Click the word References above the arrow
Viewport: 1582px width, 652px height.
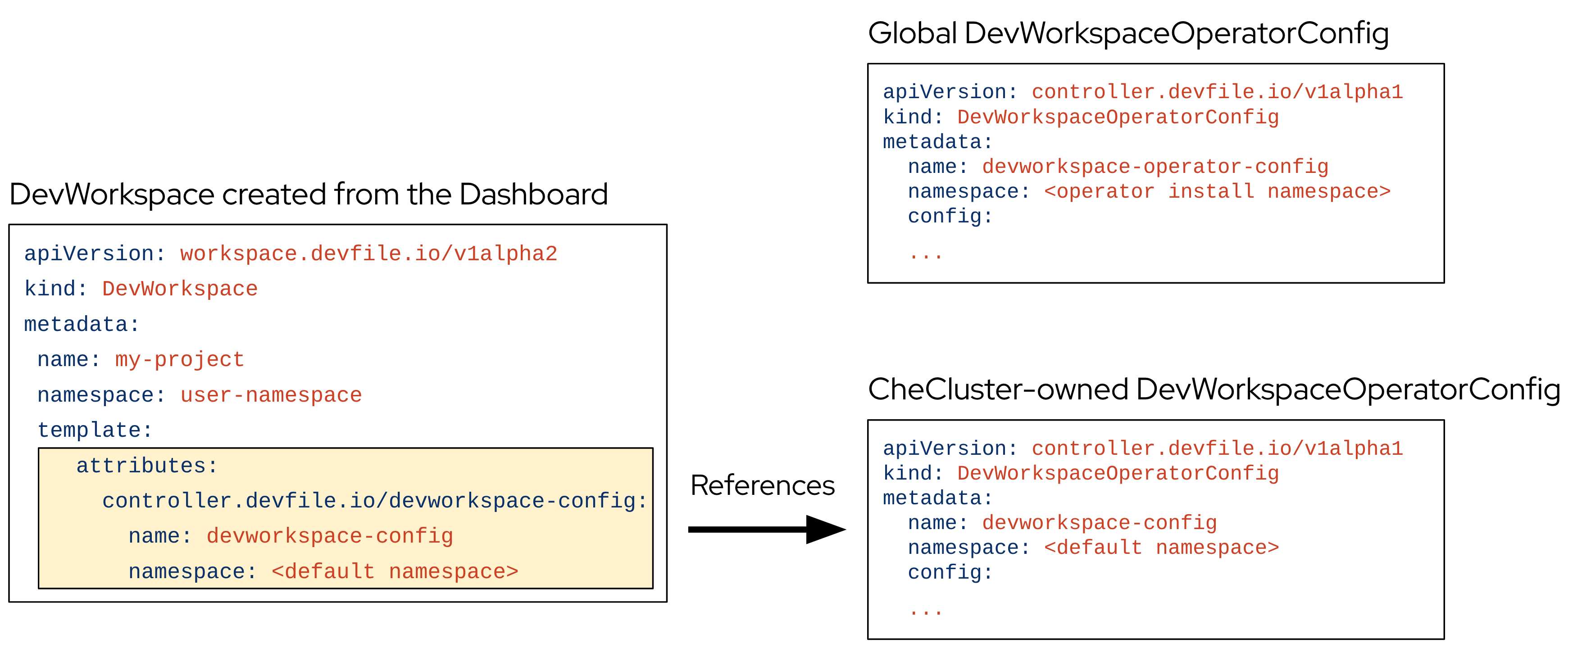[x=762, y=486]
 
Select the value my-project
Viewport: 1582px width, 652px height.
[x=179, y=359]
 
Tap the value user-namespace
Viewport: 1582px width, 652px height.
[x=271, y=395]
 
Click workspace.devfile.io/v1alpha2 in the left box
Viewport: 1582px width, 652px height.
[x=368, y=254]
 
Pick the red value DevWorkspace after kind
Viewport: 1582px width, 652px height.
[x=179, y=289]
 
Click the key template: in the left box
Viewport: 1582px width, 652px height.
[x=95, y=430]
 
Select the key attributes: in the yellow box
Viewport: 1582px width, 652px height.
[x=147, y=466]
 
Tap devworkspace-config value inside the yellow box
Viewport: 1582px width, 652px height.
[x=329, y=536]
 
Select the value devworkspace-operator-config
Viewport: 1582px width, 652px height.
[x=1155, y=166]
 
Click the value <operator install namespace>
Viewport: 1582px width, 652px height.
[x=1217, y=191]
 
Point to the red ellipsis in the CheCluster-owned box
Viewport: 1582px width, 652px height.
[x=926, y=611]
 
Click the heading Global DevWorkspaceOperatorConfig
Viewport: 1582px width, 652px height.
[x=1127, y=33]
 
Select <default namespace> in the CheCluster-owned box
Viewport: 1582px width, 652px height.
[x=1161, y=547]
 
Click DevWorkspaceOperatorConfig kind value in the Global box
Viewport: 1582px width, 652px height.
[x=1118, y=117]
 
